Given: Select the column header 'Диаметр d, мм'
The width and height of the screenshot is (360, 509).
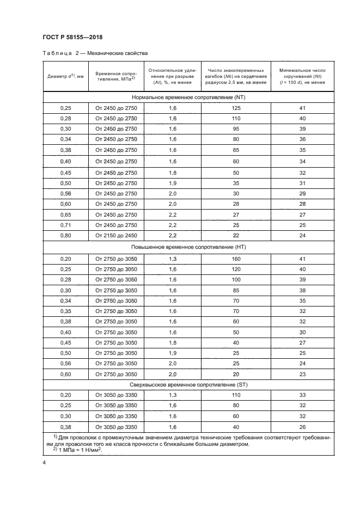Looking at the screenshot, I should pos(65,76).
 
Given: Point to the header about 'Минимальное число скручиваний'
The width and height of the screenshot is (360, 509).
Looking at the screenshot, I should pos(302,76).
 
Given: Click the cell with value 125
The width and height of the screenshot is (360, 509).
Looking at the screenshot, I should pos(236,109).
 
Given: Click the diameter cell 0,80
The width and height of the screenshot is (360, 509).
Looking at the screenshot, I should pos(65,235).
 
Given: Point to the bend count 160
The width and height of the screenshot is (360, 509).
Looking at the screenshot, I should pos(236,258).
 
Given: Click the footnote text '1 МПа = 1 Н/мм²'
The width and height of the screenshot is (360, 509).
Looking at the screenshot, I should pos(79,450).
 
